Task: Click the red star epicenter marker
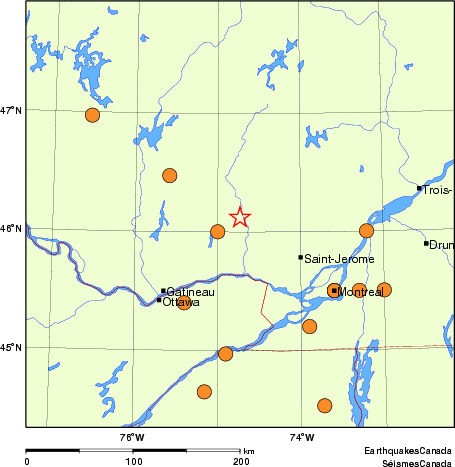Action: (x=240, y=217)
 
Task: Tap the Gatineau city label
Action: (x=189, y=291)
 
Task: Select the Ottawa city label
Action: (x=181, y=301)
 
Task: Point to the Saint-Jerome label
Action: (x=339, y=258)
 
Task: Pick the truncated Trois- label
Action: (x=438, y=190)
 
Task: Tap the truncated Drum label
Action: (x=441, y=244)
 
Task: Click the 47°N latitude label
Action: (x=11, y=110)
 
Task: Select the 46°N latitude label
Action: (x=11, y=229)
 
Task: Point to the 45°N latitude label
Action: (x=11, y=348)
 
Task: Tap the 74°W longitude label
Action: (x=301, y=437)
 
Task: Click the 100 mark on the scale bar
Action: (x=133, y=461)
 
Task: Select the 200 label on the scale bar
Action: (x=241, y=461)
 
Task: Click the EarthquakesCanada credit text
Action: (x=408, y=451)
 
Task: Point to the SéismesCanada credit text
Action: (x=410, y=462)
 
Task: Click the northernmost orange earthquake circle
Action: (x=92, y=115)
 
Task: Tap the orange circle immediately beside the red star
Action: (x=217, y=232)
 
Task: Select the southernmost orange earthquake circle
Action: (x=324, y=405)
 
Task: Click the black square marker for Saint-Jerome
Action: (x=300, y=257)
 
